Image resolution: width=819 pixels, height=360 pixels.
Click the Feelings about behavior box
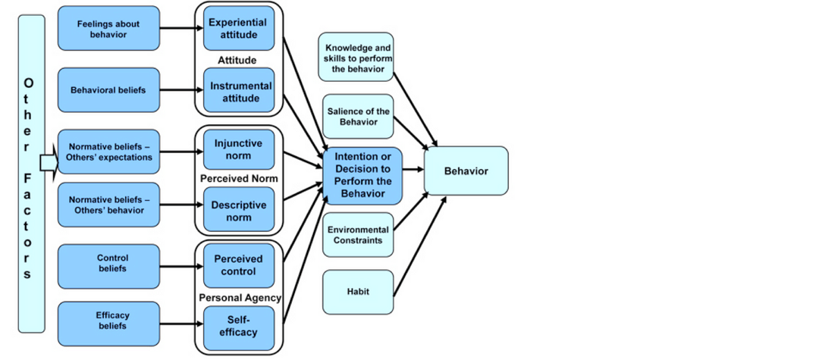click(108, 28)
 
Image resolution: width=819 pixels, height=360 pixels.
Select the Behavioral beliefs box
click(108, 90)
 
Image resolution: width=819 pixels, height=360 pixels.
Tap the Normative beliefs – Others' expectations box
click(108, 152)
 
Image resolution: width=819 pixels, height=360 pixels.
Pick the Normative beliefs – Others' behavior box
click(108, 205)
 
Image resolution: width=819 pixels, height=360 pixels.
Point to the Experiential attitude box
click(239, 29)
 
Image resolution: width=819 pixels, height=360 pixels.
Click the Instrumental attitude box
click(239, 92)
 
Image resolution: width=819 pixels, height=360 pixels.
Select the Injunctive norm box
click(239, 149)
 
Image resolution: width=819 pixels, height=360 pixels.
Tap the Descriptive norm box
click(239, 211)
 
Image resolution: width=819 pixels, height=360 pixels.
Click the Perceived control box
click(239, 265)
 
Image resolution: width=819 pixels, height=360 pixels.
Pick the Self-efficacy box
click(239, 326)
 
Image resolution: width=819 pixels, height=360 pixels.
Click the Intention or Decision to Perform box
click(362, 175)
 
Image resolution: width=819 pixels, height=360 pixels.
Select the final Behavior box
click(466, 171)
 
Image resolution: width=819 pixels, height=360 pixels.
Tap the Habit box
click(358, 292)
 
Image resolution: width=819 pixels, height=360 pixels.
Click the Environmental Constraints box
click(358, 234)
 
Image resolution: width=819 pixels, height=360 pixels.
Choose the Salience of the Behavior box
click(358, 117)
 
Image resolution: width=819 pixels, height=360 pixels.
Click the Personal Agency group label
click(239, 298)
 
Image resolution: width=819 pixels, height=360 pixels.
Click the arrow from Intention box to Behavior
click(413, 171)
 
